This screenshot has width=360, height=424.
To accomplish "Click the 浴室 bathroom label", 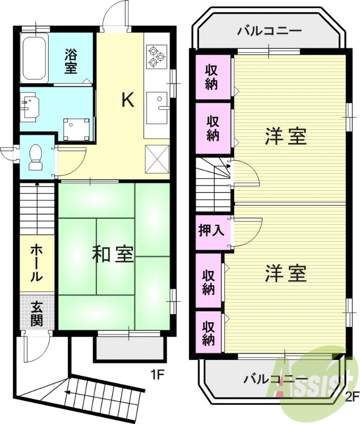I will pos(71,60).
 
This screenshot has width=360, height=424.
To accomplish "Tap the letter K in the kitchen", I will pos(127,100).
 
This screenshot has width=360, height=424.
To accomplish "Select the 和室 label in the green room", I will pos(112,254).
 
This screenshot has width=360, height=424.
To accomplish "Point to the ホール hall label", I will pos(36,262).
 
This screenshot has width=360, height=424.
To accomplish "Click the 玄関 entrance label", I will pos(37,313).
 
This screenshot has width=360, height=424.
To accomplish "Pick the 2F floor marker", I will pos(351,395).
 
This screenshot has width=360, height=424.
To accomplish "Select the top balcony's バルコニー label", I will pos(269,31).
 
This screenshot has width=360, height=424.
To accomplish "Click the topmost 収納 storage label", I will pos(212,77).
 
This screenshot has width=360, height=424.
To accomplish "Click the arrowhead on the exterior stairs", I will pos(67,393).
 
